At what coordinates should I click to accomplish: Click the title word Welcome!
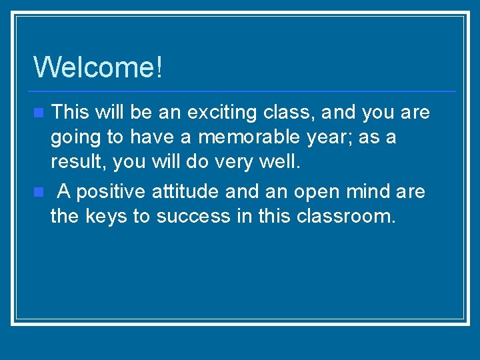click(98, 67)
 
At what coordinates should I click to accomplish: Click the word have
click(152, 137)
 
